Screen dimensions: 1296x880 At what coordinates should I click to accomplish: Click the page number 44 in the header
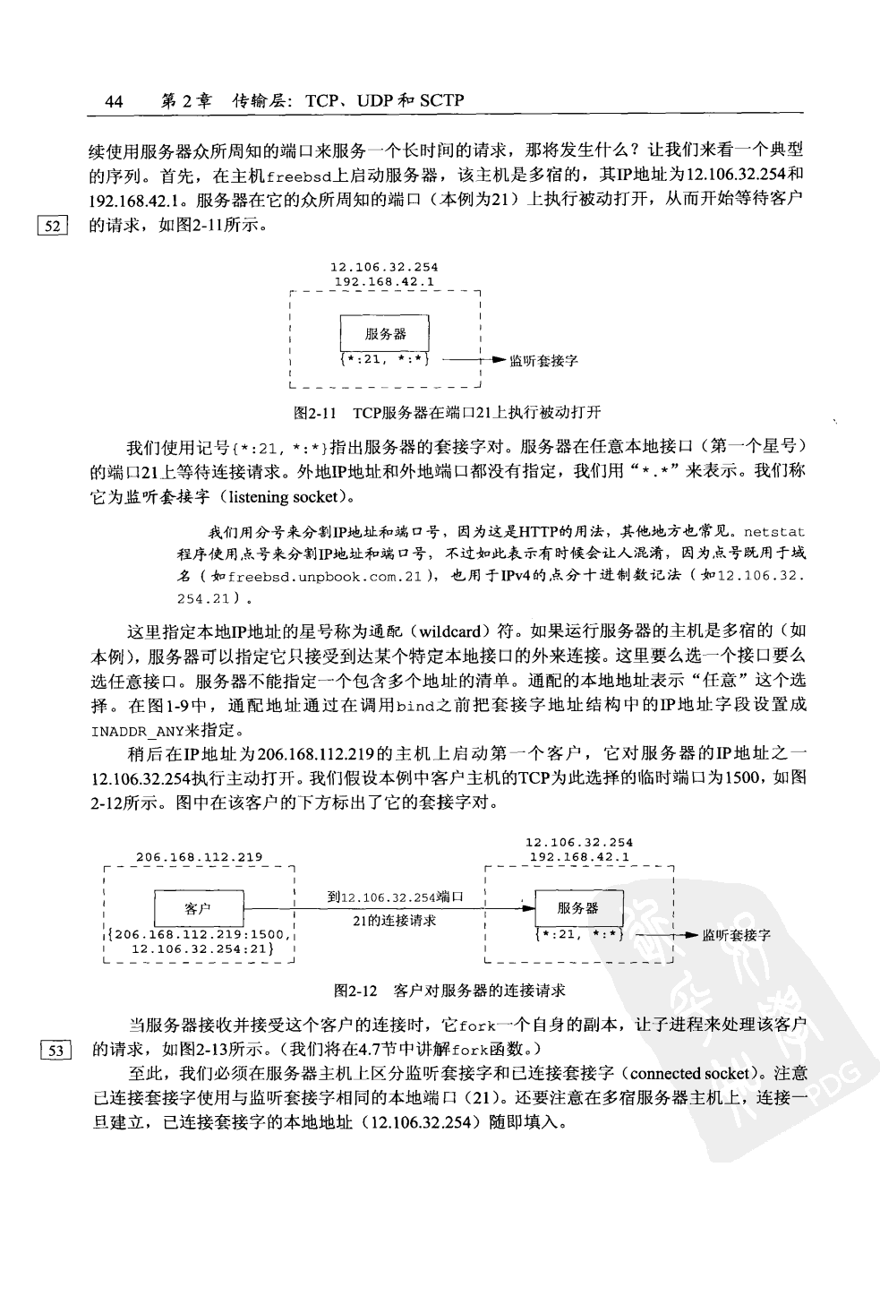114,101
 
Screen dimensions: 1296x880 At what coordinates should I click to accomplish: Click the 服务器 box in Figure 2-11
385,334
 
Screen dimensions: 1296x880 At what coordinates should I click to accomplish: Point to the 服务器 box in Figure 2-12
577,907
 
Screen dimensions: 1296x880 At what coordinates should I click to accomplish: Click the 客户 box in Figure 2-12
198,907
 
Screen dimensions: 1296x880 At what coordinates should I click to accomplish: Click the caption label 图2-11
313,413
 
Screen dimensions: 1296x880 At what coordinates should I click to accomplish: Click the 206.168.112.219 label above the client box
199,857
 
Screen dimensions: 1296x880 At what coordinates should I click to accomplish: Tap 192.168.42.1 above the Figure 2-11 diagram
384,281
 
